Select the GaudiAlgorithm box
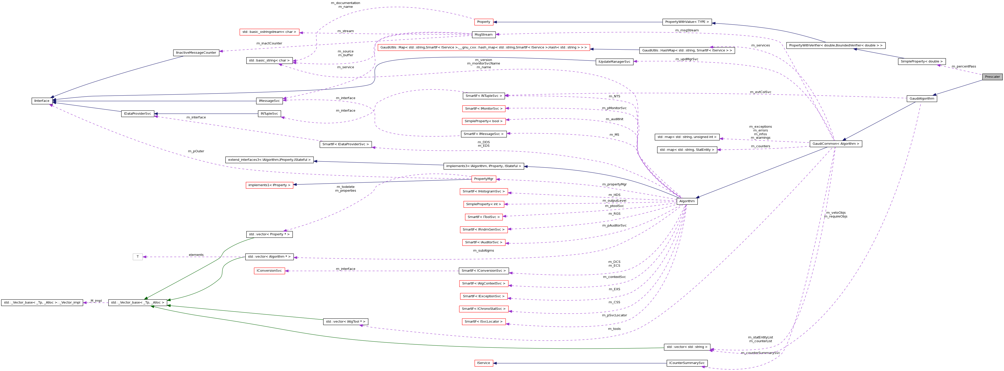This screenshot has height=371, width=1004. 921,99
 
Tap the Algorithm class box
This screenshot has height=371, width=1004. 687,201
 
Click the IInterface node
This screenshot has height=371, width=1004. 42,101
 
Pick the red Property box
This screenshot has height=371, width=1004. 483,22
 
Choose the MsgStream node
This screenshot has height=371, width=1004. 483,35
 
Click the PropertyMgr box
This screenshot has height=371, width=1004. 483,179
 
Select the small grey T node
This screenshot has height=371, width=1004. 138,257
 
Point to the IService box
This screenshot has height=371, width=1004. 483,363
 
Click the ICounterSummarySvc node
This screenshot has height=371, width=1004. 687,363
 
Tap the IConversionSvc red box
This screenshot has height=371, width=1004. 269,271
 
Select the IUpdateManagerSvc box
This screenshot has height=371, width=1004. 614,61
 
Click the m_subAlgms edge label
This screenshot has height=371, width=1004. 483,251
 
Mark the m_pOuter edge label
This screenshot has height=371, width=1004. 196,151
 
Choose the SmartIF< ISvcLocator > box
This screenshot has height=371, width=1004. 483,322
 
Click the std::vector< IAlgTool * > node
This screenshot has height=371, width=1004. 345,322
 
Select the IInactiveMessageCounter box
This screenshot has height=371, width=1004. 196,53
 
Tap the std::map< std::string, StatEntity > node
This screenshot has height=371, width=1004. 687,150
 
